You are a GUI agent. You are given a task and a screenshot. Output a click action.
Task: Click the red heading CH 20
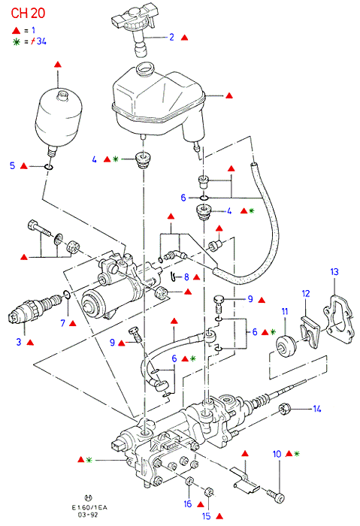tap(28, 13)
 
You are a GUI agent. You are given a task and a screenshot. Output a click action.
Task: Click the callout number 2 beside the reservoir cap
tap(172, 37)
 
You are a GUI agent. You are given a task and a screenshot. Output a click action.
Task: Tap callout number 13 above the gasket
tap(334, 272)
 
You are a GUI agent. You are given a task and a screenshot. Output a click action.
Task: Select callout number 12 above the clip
tap(306, 294)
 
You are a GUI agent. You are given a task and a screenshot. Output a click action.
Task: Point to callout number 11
tap(285, 312)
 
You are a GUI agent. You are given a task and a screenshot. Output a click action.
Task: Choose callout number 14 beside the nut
tap(317, 409)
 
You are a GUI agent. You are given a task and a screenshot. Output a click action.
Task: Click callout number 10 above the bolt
tap(277, 454)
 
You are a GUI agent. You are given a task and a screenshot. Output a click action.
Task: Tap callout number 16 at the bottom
tap(188, 503)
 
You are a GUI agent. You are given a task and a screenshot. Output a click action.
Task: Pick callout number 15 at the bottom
tap(207, 516)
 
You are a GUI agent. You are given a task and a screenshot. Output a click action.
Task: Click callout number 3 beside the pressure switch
tap(19, 342)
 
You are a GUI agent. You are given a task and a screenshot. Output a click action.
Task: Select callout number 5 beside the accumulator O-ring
tap(13, 165)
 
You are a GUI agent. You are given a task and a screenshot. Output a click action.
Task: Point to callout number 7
tap(62, 323)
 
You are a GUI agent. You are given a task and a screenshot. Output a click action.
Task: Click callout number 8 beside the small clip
tap(186, 277)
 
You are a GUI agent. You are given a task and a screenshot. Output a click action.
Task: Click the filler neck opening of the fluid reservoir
tap(145, 68)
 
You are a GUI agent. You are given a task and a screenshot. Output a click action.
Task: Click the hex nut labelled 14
tap(284, 410)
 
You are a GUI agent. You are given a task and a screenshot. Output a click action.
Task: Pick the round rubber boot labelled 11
tap(286, 346)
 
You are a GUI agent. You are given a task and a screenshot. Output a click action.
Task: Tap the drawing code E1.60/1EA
tap(89, 507)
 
